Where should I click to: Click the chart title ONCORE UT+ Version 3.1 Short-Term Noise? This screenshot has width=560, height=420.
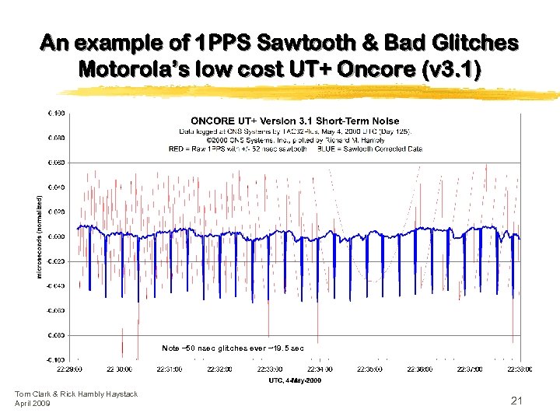click(295, 121)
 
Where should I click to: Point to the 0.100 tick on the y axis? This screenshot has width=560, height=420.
click(57, 113)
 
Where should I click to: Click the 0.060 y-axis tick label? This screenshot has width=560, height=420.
click(57, 163)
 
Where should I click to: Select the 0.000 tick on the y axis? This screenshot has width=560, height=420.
click(57, 236)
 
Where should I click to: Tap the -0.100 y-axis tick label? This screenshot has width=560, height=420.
click(56, 360)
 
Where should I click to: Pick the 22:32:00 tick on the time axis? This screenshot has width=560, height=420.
click(220, 370)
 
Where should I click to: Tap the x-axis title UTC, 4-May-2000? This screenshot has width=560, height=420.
click(295, 380)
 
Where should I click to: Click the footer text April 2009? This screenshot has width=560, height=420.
click(33, 403)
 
